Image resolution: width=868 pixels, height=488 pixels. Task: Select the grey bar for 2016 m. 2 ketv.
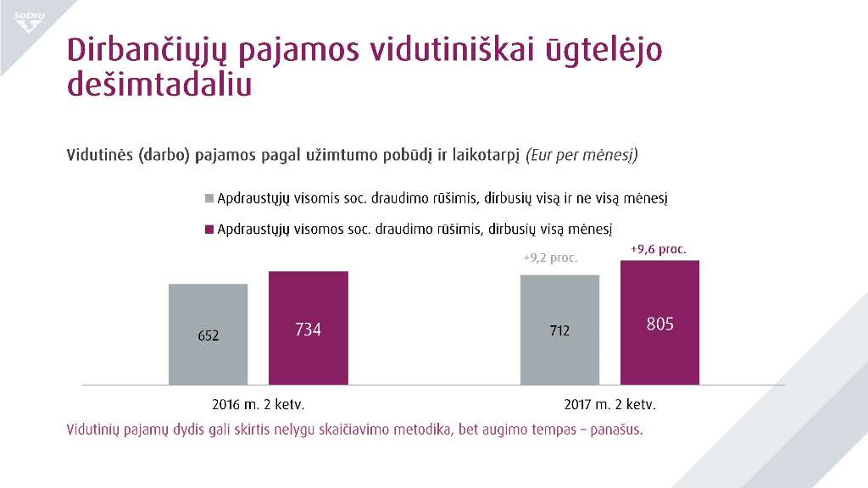tap(208, 334)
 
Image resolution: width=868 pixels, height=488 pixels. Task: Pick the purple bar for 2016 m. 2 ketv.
tap(309, 328)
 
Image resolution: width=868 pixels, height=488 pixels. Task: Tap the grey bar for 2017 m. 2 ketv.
tap(559, 330)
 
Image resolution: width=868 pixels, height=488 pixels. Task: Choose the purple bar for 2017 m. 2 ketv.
tap(660, 323)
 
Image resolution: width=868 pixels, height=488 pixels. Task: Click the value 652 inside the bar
tap(209, 335)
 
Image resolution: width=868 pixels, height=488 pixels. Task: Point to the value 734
tap(309, 330)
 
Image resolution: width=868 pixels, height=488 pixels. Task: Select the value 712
tap(559, 330)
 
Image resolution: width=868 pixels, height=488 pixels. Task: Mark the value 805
tap(660, 324)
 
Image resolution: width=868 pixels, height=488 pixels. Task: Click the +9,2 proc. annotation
tap(550, 258)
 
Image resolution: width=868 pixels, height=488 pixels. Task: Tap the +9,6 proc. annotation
tap(659, 249)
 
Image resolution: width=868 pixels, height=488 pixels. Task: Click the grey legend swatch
tap(209, 198)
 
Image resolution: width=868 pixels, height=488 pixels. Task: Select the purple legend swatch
tap(209, 229)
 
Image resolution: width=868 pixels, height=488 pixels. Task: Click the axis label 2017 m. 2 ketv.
tap(609, 404)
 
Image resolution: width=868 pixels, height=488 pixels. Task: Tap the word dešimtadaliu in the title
tap(159, 86)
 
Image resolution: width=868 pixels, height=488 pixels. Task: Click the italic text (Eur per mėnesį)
tap(581, 156)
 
